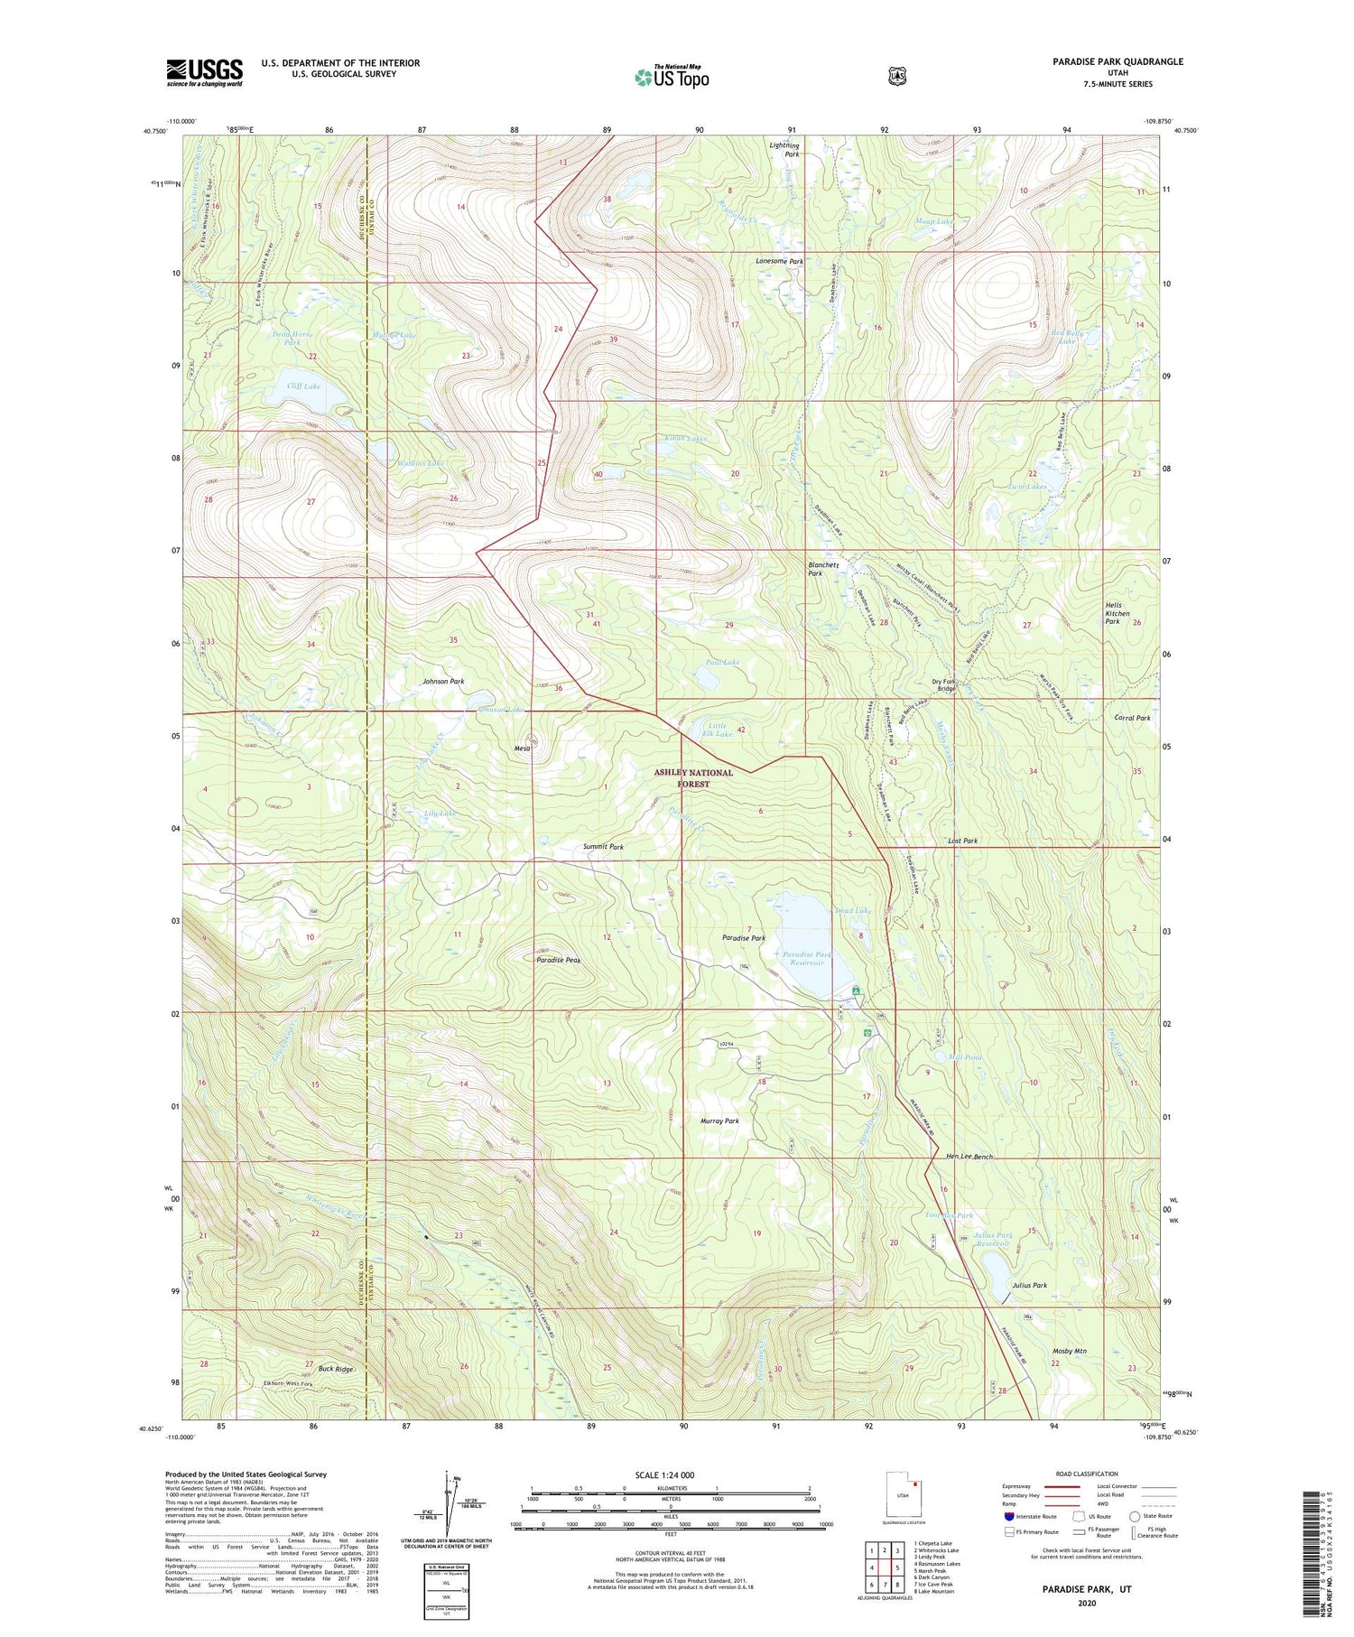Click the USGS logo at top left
click(x=204, y=72)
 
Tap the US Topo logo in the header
click(x=672, y=77)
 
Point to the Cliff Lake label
click(x=303, y=386)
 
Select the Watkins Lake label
click(x=421, y=463)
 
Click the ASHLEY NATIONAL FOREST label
click(x=693, y=778)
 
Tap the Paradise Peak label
click(x=559, y=960)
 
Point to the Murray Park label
click(x=719, y=1121)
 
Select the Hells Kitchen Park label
click(x=1118, y=613)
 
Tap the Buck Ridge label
click(x=336, y=1369)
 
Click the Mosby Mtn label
click(x=1069, y=1351)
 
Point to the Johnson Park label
click(x=443, y=681)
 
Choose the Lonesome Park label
click(x=779, y=261)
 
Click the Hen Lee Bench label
click(x=969, y=1157)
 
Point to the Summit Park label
click(x=603, y=847)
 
